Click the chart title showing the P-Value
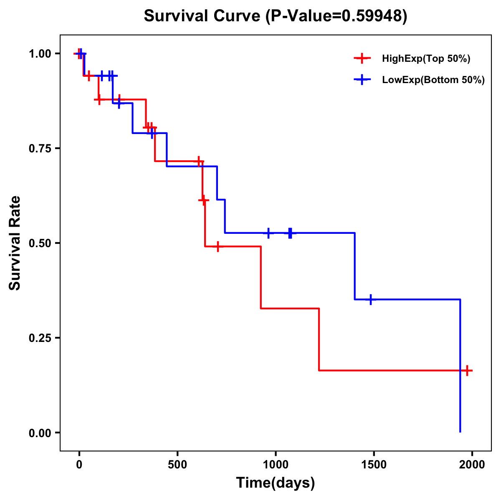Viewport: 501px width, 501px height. coord(275,16)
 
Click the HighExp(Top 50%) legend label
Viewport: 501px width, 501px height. coord(426,59)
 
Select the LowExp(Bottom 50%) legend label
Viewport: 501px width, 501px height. coord(433,80)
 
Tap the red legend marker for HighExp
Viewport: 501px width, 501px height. coord(362,58)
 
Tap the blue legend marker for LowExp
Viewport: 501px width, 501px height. coord(362,80)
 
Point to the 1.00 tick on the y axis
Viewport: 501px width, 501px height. coord(40,54)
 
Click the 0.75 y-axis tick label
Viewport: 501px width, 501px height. coord(40,149)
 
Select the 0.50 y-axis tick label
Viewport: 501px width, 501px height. coord(40,243)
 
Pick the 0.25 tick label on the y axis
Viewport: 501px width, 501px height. coord(40,338)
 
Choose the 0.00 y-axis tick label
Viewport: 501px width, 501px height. coord(40,433)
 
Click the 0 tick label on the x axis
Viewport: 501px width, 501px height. coord(79,464)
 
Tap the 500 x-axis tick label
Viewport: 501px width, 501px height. coord(177,464)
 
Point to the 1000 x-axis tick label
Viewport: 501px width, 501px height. coord(276,464)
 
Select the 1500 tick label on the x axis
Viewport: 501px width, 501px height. coord(374,464)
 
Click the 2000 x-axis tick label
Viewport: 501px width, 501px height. coord(472,464)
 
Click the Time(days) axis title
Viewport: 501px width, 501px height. coord(276,483)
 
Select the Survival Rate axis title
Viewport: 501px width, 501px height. coord(15,243)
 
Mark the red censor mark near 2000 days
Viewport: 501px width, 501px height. coord(467,370)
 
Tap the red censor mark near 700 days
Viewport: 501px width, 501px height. coord(217,246)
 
